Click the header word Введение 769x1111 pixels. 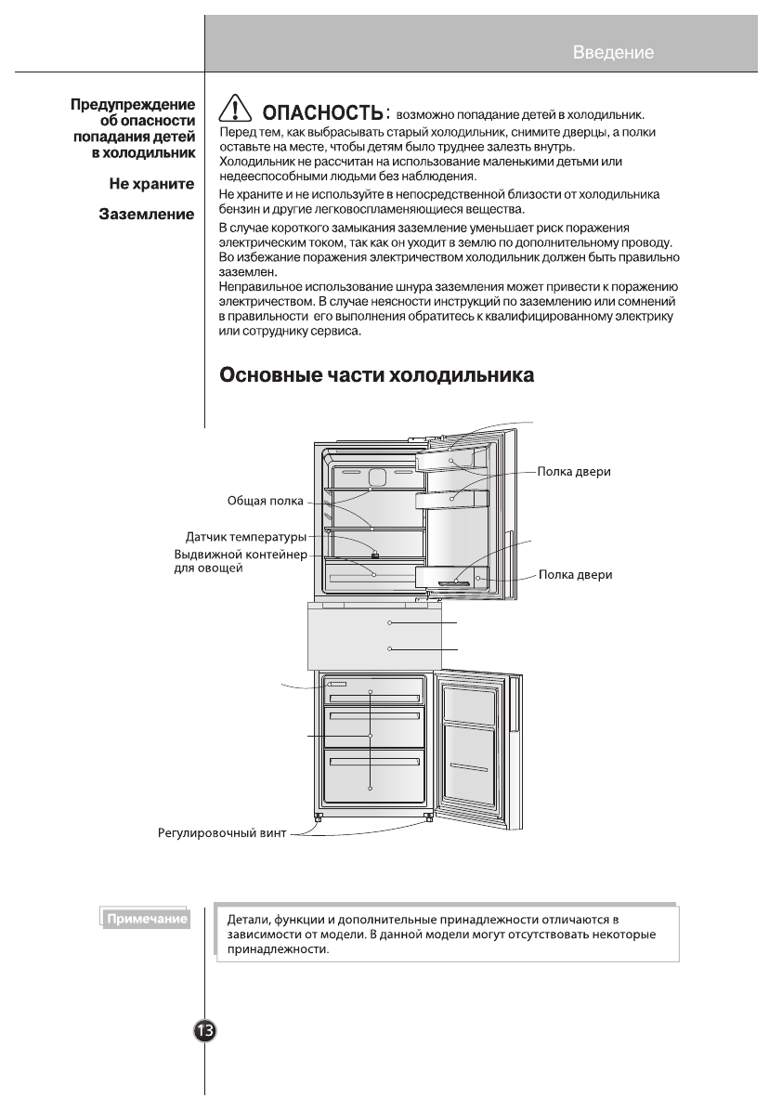point(613,52)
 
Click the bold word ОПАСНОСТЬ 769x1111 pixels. point(322,114)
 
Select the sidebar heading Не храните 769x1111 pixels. point(151,184)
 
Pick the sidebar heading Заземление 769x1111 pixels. point(147,215)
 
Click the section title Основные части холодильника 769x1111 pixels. point(376,376)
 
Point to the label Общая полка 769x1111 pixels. point(265,501)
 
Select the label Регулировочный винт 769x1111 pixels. point(222,833)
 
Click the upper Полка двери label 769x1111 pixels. point(574,471)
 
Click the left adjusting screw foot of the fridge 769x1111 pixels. point(319,817)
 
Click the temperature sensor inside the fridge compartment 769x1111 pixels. point(374,555)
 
